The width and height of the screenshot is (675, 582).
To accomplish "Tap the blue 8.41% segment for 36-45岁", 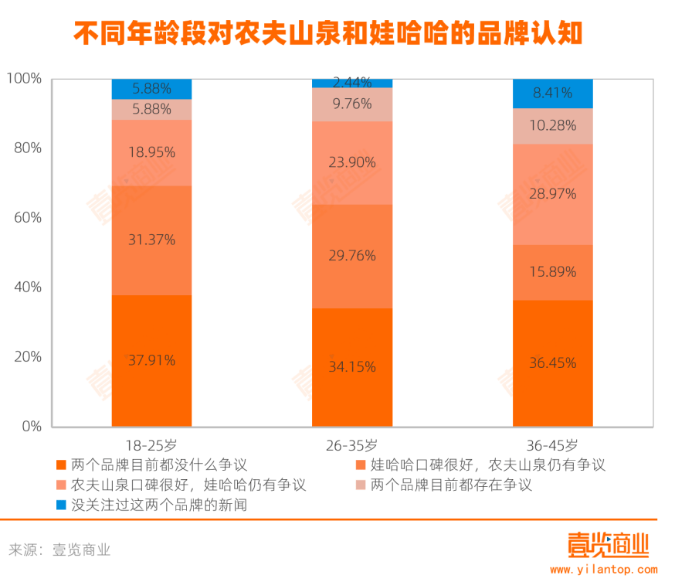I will pyautogui.click(x=553, y=94).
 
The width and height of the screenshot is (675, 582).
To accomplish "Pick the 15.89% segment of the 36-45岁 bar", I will pyautogui.click(x=553, y=272).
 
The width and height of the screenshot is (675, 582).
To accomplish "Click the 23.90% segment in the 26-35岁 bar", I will pyautogui.click(x=352, y=163).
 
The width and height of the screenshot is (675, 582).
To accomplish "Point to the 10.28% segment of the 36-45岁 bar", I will pyautogui.click(x=553, y=126).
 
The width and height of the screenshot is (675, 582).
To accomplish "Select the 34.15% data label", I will pyautogui.click(x=352, y=367).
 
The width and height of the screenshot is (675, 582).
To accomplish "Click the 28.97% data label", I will pyautogui.click(x=553, y=194).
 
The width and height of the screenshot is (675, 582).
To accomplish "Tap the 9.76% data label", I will pyautogui.click(x=352, y=104).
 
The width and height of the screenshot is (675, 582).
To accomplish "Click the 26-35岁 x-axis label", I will pyautogui.click(x=352, y=445).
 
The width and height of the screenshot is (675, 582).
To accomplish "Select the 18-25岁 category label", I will pyautogui.click(x=151, y=445).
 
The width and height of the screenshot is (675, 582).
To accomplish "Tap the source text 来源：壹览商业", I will pyautogui.click(x=59, y=550).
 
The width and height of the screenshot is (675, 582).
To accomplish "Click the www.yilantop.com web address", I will pyautogui.click(x=603, y=570).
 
